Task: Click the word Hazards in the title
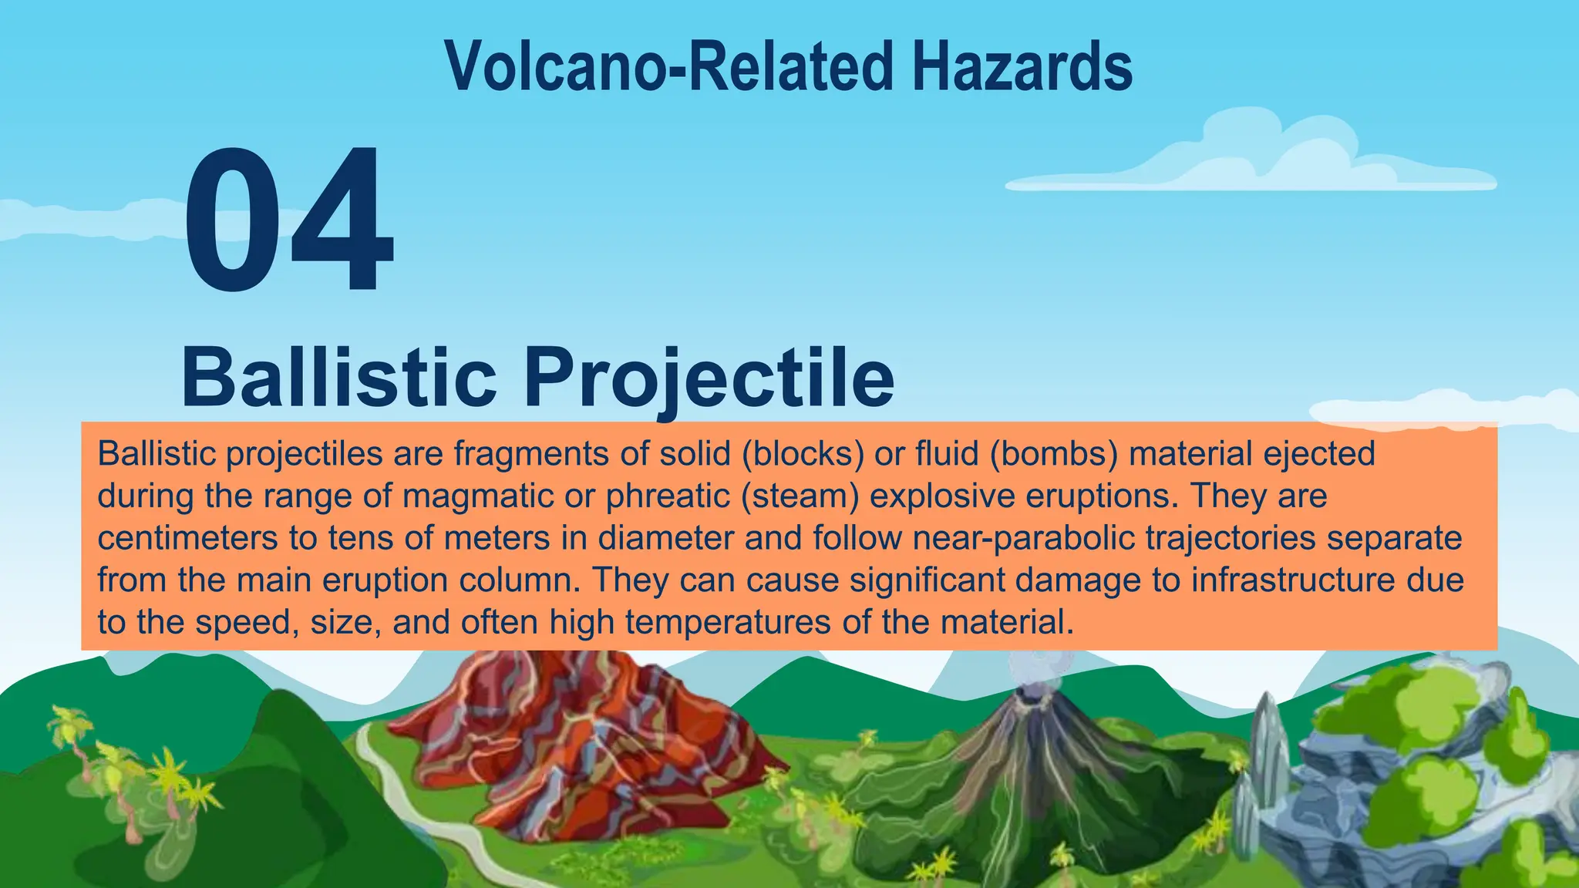click(1022, 66)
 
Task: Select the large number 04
click(289, 222)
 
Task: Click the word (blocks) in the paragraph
click(802, 454)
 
